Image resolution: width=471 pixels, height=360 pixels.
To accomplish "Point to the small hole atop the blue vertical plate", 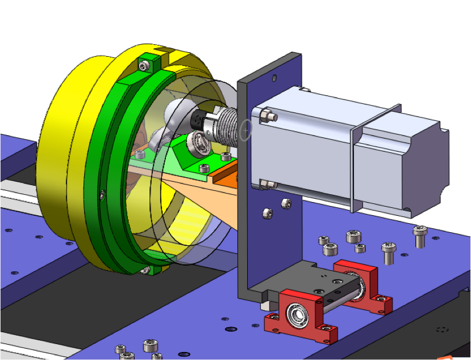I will pyautogui.click(x=274, y=78).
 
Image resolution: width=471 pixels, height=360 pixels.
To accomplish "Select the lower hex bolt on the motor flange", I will pyautogui.click(x=266, y=184).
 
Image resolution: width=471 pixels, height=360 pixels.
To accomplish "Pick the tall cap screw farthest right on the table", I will pyautogui.click(x=420, y=235).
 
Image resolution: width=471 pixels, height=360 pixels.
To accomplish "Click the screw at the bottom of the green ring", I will pyautogui.click(x=145, y=270).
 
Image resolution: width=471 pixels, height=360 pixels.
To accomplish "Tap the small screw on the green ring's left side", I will pyautogui.click(x=102, y=195).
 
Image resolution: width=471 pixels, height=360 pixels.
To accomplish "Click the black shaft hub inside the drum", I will pyautogui.click(x=197, y=120).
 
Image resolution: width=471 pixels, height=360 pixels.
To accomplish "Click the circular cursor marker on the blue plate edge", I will pyautogui.click(x=245, y=130).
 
